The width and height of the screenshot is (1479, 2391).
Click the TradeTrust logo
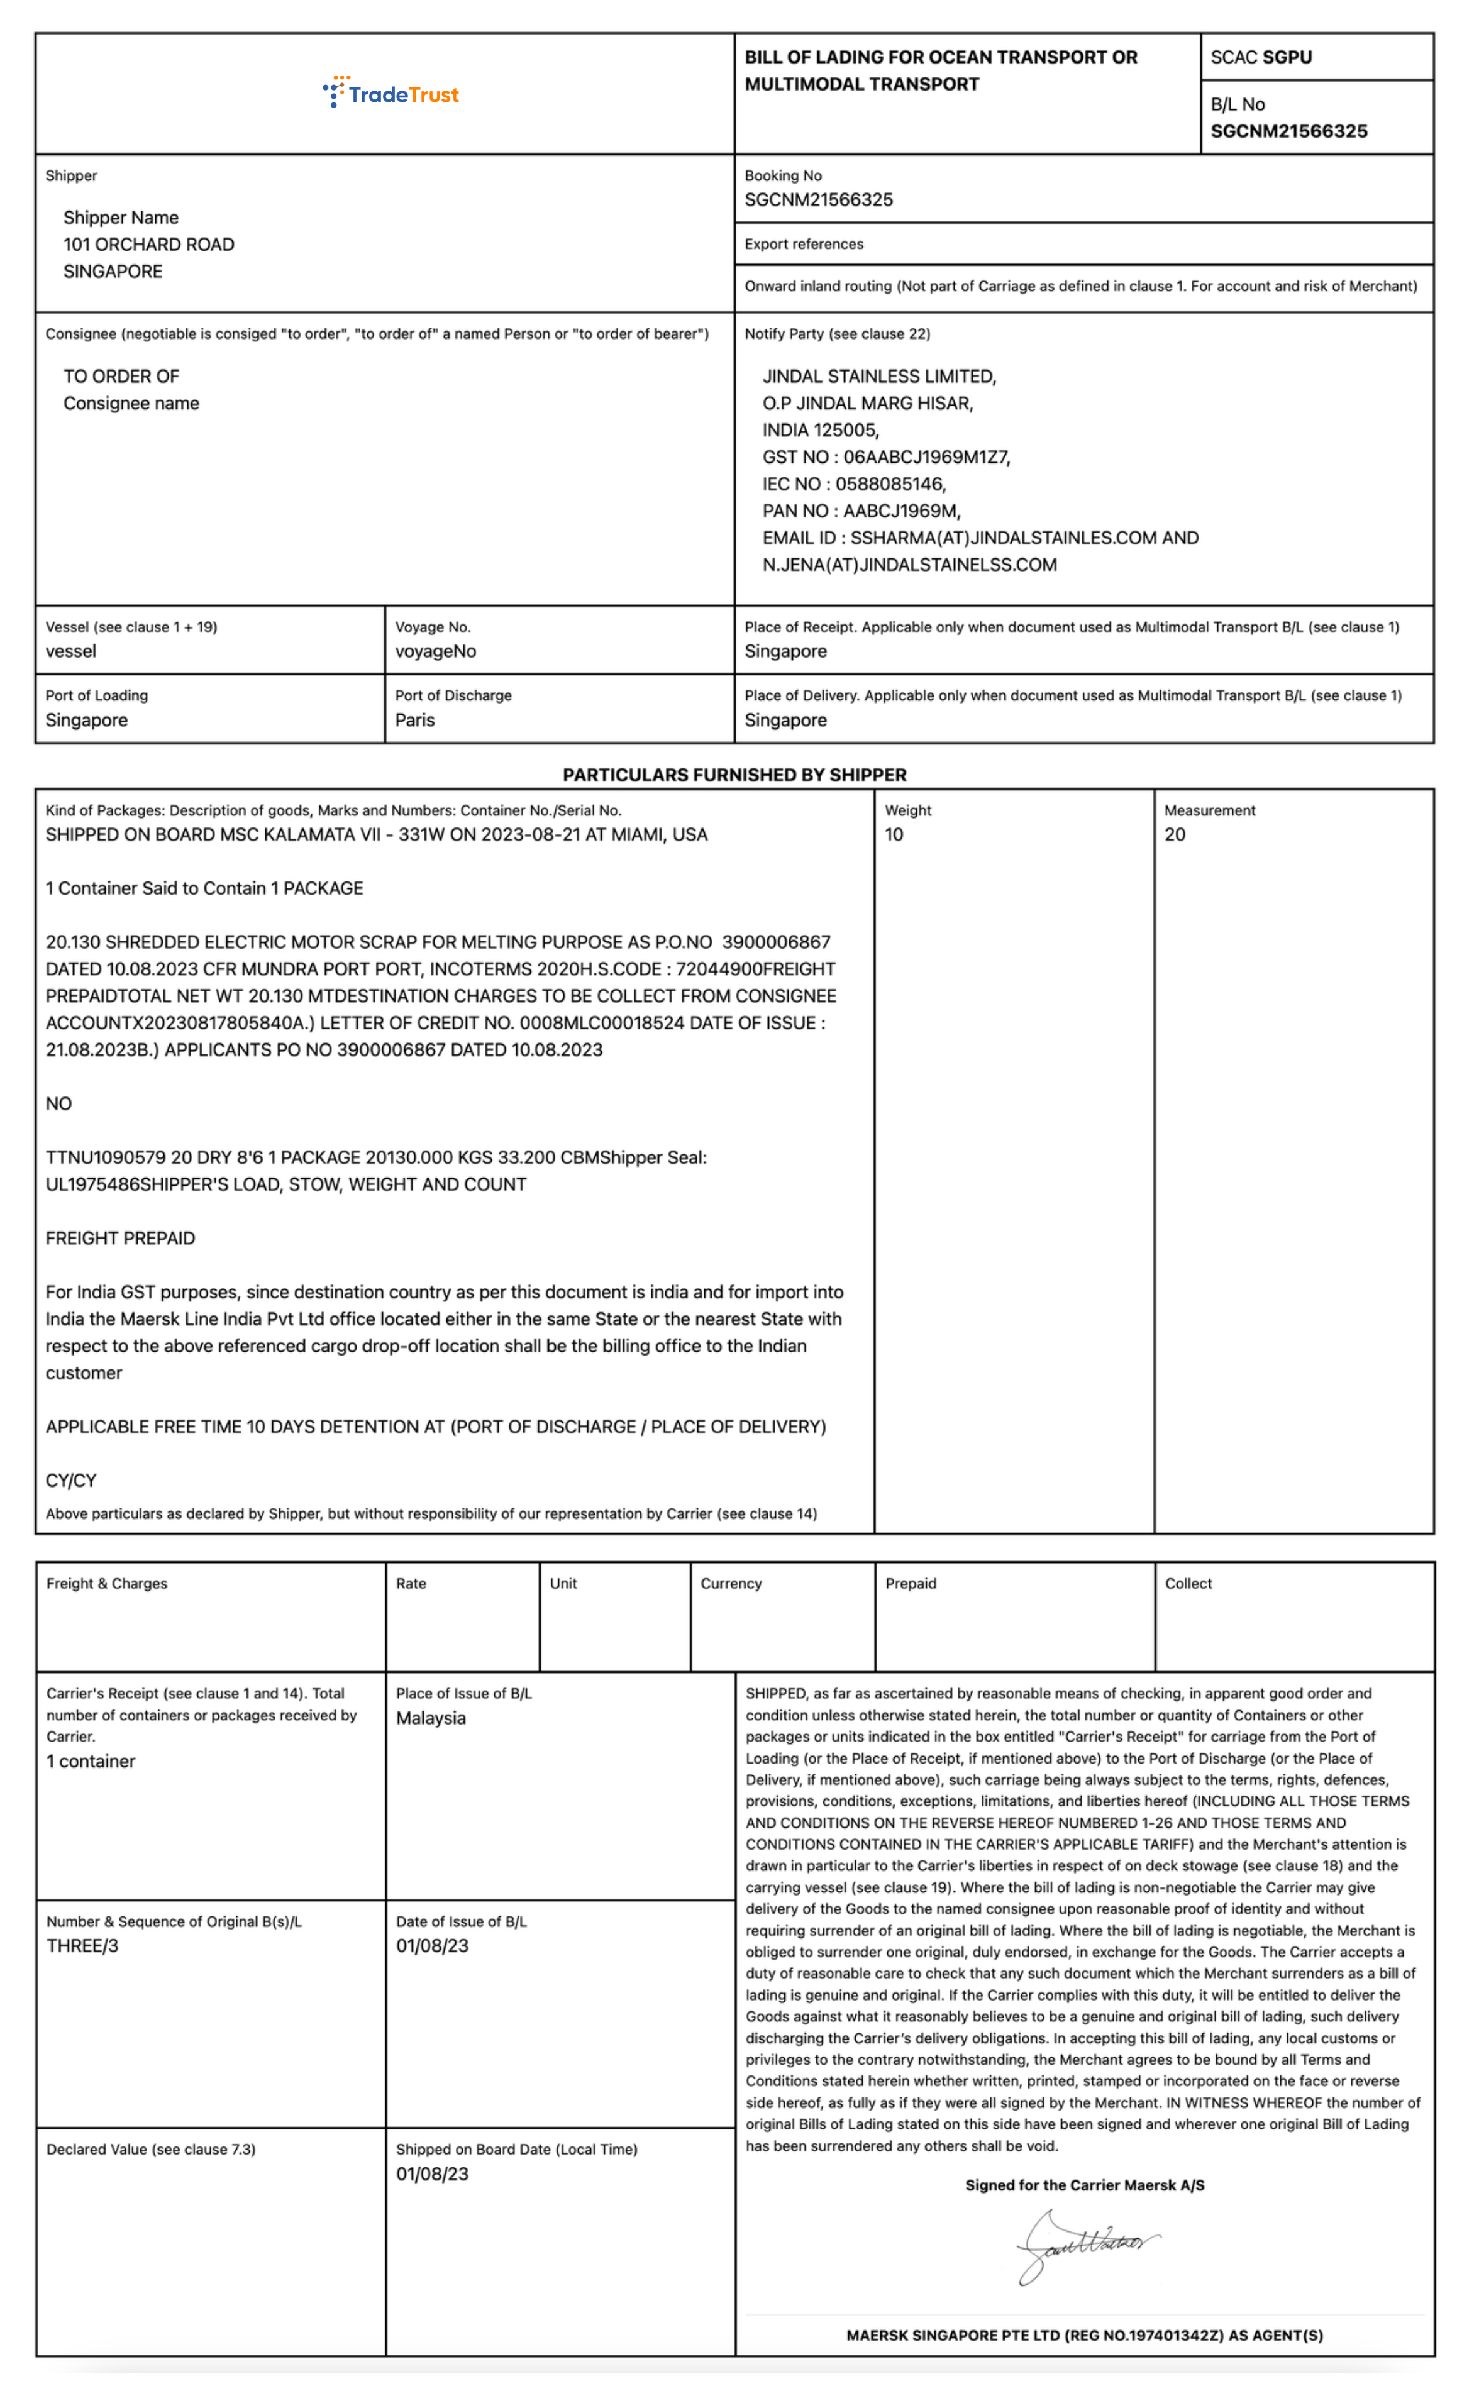click(x=391, y=94)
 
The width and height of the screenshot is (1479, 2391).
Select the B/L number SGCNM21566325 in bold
click(x=1288, y=131)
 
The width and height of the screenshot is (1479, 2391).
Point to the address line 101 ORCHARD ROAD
click(x=148, y=245)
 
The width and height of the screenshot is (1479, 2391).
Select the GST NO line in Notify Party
click(x=885, y=456)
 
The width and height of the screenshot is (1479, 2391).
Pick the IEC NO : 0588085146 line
click(x=854, y=484)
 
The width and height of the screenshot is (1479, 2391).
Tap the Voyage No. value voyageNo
click(x=435, y=651)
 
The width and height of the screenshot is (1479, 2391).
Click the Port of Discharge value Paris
click(x=415, y=720)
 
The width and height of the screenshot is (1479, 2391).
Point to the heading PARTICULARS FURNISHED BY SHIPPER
click(x=734, y=775)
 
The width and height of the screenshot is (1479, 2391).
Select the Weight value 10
click(x=894, y=834)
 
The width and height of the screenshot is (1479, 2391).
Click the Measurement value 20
click(x=1174, y=834)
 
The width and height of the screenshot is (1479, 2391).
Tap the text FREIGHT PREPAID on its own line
click(x=120, y=1238)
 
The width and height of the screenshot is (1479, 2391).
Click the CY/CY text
click(x=72, y=1481)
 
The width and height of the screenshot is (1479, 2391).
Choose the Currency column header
click(x=731, y=1583)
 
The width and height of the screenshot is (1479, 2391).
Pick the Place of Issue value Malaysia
click(x=430, y=1718)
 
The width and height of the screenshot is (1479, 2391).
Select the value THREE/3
click(x=82, y=1946)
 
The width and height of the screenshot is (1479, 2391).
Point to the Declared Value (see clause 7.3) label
click(x=151, y=2150)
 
